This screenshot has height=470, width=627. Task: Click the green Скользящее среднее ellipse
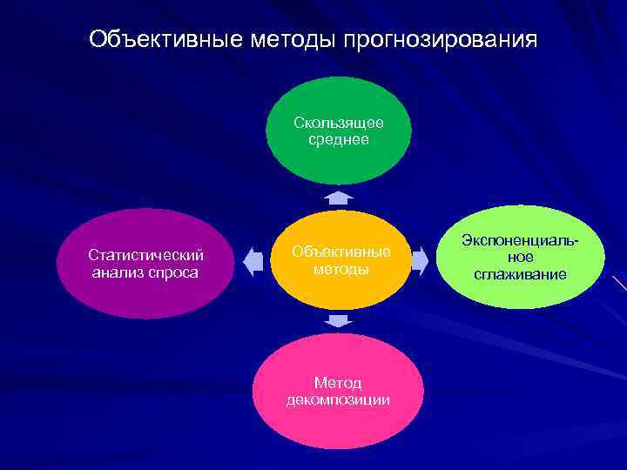[x=338, y=131]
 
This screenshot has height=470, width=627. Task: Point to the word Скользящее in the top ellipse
[x=339, y=124]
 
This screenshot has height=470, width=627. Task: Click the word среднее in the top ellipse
[x=339, y=139]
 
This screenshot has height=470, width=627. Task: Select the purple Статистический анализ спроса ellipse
[x=145, y=264]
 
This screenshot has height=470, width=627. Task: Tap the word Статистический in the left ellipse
[x=146, y=255]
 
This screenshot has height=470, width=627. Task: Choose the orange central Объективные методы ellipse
[x=340, y=260]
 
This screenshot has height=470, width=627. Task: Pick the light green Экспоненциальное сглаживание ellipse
[x=520, y=257]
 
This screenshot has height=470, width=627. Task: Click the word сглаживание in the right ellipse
[x=521, y=274]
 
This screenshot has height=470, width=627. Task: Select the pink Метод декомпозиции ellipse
[x=338, y=391]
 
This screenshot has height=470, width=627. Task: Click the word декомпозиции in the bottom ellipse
[x=338, y=399]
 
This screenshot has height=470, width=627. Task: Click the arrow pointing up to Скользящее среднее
[x=339, y=198]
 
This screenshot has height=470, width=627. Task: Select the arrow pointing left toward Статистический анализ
[x=253, y=260]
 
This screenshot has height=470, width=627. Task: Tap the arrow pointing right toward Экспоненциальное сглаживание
[x=420, y=259]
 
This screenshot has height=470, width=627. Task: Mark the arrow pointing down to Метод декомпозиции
[x=338, y=321]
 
